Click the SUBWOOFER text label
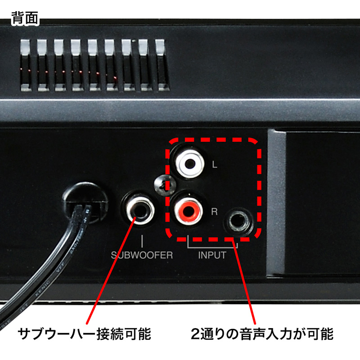(142, 255)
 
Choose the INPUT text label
(212, 255)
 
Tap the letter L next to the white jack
(215, 165)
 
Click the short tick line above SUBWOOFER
(142, 240)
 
